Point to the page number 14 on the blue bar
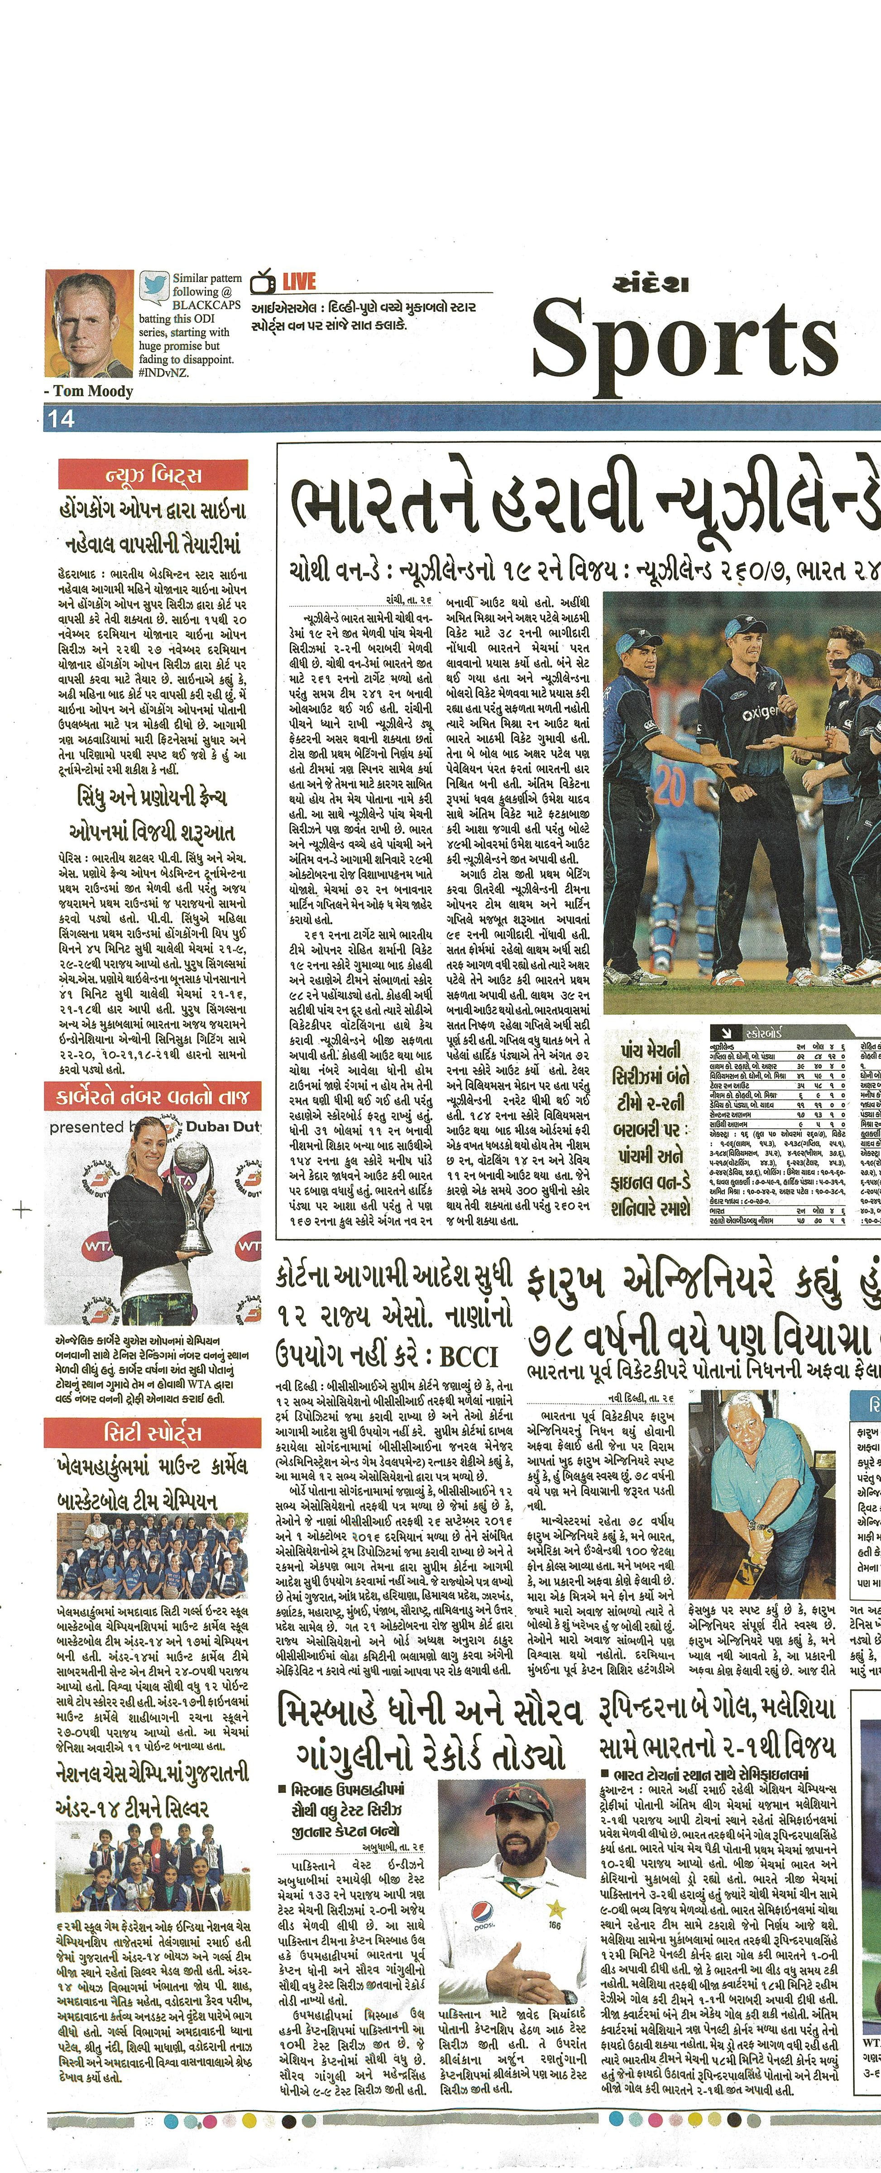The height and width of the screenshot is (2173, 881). click(x=62, y=418)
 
